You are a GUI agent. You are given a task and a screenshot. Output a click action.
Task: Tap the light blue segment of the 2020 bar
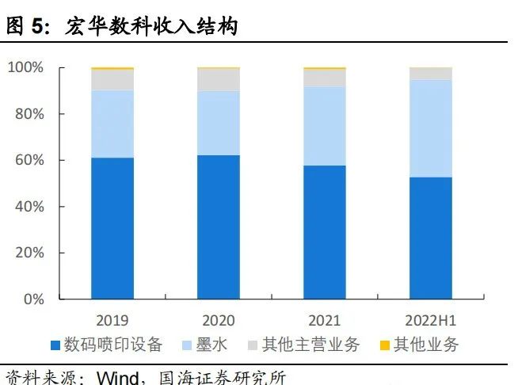[x=219, y=123]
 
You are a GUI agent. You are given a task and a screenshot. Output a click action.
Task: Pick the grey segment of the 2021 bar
[x=325, y=78]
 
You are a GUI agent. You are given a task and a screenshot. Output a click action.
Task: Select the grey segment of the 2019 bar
[x=112, y=79]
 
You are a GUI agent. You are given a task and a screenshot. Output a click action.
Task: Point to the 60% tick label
[x=29, y=161]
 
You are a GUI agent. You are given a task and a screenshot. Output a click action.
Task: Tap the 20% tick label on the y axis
[x=29, y=253]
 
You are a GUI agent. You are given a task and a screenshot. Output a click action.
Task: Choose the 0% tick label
[x=32, y=299]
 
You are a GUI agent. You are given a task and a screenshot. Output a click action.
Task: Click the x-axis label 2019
[x=112, y=321]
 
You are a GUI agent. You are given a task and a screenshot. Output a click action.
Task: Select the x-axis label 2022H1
[x=431, y=321]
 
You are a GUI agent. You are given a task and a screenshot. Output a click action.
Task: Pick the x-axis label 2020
[x=219, y=321]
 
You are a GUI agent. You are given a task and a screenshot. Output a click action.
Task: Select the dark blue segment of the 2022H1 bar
[x=431, y=238]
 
